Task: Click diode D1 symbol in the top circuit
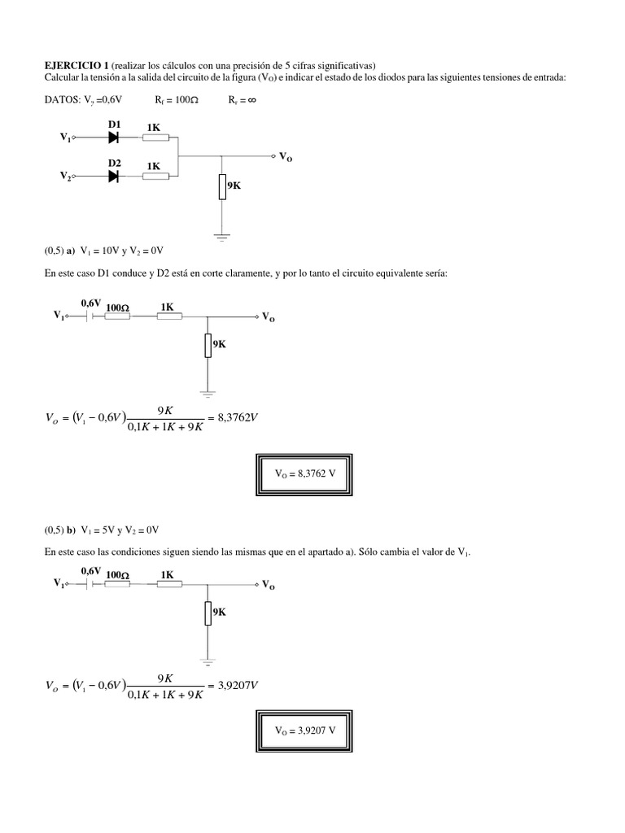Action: pyautogui.click(x=114, y=137)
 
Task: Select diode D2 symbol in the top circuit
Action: pyautogui.click(x=114, y=176)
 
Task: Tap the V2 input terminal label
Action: pyautogui.click(x=66, y=177)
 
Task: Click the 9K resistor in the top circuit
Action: pyautogui.click(x=221, y=187)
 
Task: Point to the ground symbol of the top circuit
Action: pyautogui.click(x=221, y=238)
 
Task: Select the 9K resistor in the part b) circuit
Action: pyautogui.click(x=209, y=610)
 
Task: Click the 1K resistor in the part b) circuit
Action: pyautogui.click(x=169, y=584)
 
